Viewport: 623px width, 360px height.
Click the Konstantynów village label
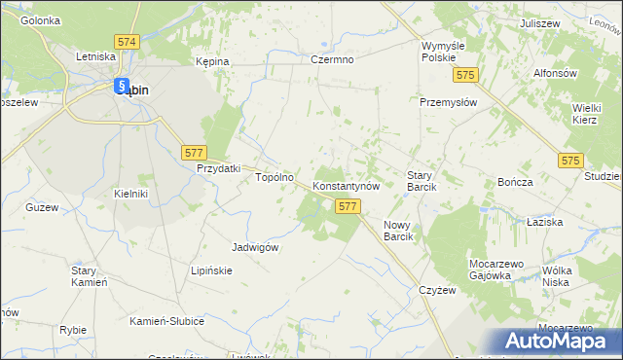[x=351, y=185]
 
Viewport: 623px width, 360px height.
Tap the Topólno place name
[x=274, y=178]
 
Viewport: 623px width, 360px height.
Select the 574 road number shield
[x=126, y=43]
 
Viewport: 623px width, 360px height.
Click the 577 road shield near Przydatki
[x=194, y=152]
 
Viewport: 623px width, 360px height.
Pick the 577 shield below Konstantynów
[x=348, y=206]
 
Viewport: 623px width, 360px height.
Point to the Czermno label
[x=331, y=59]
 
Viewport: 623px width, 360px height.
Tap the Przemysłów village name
[x=448, y=102]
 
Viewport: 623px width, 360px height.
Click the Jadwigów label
[x=256, y=247]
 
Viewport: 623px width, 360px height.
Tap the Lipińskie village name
[x=211, y=270]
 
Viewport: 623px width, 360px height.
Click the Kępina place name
[x=211, y=61]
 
